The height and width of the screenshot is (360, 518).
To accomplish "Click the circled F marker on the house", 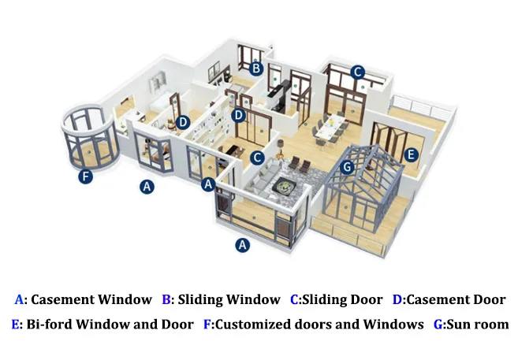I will [86, 177].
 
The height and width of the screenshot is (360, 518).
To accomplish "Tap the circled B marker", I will [255, 69].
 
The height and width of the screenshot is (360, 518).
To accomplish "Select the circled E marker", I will [410, 156].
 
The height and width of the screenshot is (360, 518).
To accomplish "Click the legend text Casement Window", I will [91, 299].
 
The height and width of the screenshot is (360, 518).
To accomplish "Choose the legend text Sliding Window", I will [229, 299].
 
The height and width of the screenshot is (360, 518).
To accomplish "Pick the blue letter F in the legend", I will [207, 324].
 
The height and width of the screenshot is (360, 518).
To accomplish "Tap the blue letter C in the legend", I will [294, 299].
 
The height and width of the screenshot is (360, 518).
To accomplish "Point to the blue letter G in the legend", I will [438, 324].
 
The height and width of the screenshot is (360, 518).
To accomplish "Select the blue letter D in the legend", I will [397, 299].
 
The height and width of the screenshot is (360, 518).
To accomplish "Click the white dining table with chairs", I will [329, 126].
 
